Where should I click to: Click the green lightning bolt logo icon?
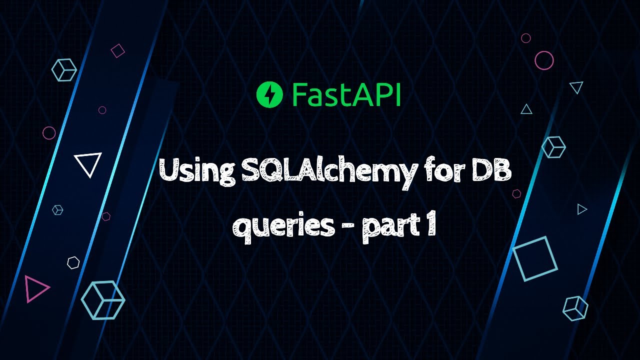269,95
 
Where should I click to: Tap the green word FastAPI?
346,95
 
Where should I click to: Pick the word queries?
285,228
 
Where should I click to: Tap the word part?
389,228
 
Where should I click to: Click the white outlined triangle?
88,163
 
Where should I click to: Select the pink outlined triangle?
35,288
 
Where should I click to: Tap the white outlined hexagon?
73,263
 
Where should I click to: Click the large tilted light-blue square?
535,258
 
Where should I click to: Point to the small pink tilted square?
117,50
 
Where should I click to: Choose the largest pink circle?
544,60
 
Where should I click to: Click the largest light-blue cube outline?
102,299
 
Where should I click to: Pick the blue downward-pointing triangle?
576,88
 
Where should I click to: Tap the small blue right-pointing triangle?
581,209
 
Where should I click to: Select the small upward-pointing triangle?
526,109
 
